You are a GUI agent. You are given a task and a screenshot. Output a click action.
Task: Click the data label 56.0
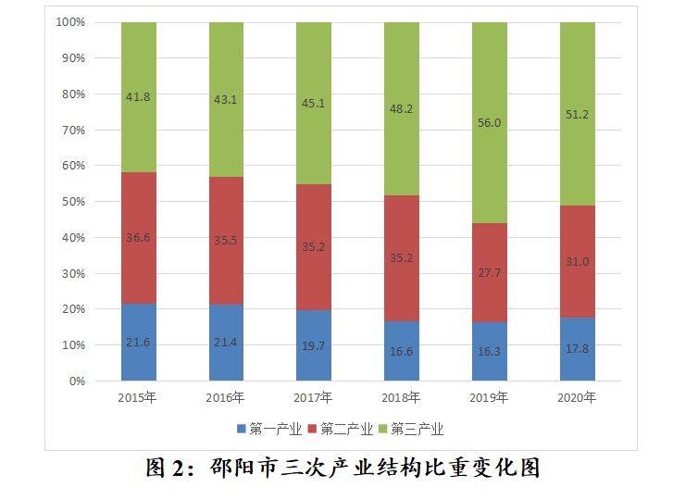pos(489,122)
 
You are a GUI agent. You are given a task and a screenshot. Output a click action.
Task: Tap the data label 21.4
pos(226,343)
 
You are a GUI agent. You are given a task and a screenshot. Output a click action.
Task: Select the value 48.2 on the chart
pos(402,109)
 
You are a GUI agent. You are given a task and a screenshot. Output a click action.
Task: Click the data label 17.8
pos(577,349)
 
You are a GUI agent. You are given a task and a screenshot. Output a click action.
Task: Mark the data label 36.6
pos(139,238)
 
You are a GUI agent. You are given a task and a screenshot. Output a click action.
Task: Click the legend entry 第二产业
pos(345,429)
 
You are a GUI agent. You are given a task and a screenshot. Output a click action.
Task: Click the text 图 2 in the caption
pos(168,469)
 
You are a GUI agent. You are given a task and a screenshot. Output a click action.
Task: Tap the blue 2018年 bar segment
pos(402,352)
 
